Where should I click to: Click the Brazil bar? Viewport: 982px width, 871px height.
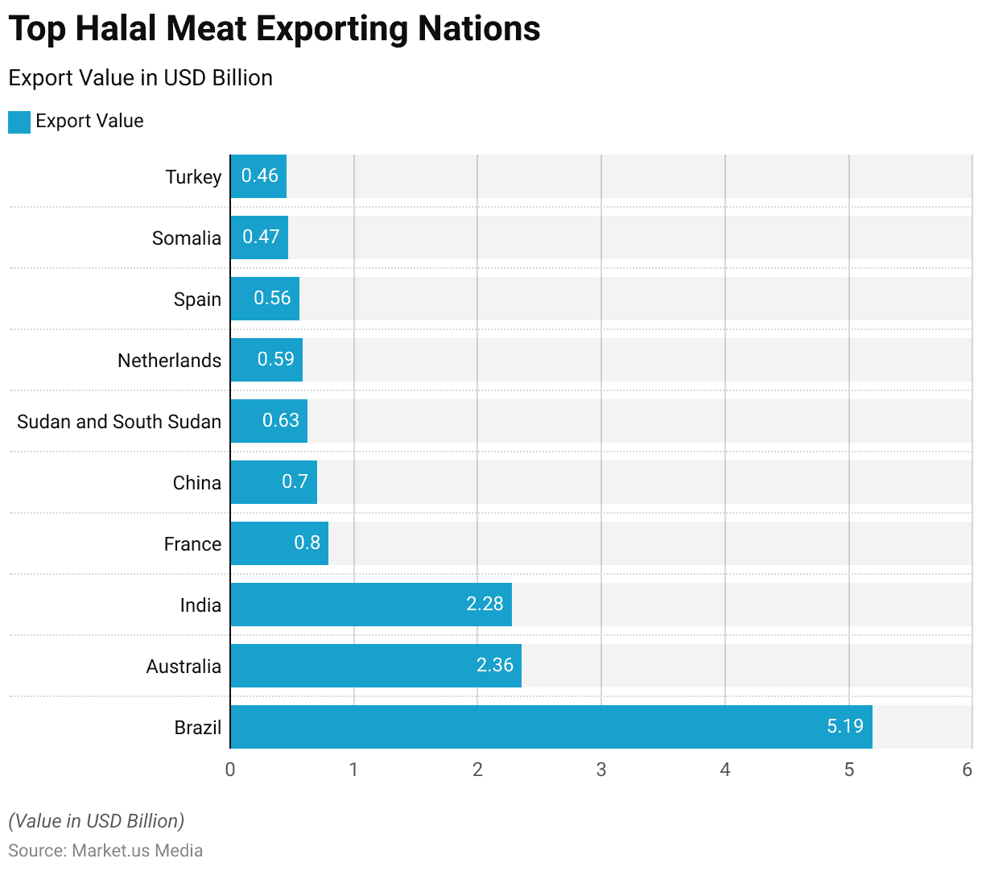coord(551,727)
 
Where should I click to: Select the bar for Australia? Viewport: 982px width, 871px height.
coord(375,666)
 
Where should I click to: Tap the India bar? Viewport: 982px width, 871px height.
coord(370,605)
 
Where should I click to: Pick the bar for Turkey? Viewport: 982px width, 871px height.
coord(258,176)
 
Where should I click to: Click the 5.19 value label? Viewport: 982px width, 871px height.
coord(844,726)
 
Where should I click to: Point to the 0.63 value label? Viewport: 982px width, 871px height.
coord(280,420)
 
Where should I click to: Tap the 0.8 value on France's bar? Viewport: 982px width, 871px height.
coord(307,543)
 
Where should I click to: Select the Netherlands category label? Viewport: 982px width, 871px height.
coord(169,361)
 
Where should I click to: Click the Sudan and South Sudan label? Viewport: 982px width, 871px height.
coord(119,422)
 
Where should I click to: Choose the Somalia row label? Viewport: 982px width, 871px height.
coord(186,238)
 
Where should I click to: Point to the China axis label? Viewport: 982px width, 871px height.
coord(196,483)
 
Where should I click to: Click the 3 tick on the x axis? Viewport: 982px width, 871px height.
coord(601,770)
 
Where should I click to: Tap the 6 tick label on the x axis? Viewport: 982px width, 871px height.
coord(967,770)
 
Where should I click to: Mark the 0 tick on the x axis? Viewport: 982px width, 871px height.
coord(230,770)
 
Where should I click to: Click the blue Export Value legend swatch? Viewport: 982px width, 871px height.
coord(19,122)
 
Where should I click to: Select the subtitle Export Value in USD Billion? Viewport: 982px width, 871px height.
coord(140,78)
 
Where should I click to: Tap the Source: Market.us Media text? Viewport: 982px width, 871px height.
coord(105,851)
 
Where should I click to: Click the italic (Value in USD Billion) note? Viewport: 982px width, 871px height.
coord(96,821)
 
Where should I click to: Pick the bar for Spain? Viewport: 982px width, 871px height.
coord(265,299)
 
